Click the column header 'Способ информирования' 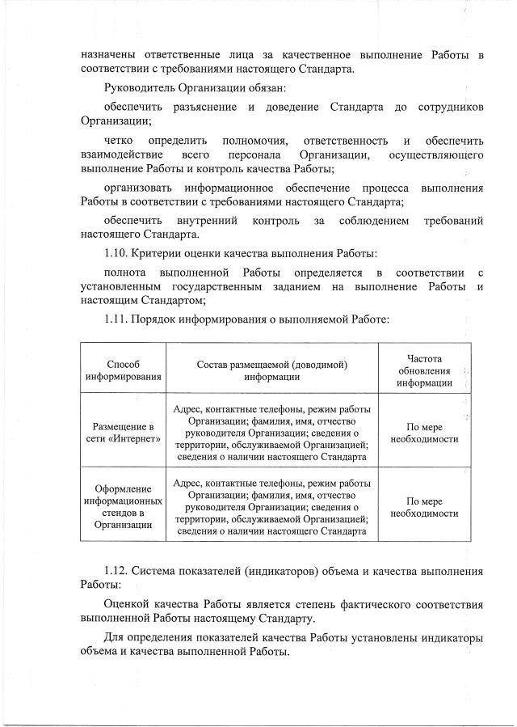click(x=124, y=370)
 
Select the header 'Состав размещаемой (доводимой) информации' click(x=272, y=370)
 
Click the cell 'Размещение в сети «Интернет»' click(x=124, y=433)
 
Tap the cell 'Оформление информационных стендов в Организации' click(x=124, y=507)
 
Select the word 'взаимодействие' click(x=122, y=154)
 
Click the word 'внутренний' click(x=207, y=220)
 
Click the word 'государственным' click(x=228, y=286)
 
